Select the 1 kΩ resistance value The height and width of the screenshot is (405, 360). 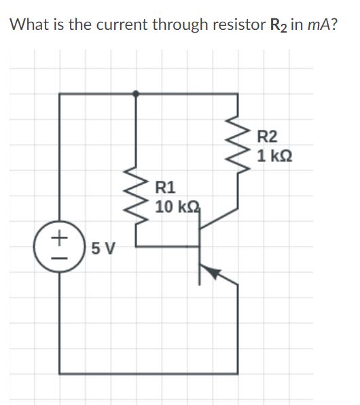click(275, 156)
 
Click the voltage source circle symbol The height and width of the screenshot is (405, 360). click(61, 247)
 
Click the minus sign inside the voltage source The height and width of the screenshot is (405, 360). click(61, 257)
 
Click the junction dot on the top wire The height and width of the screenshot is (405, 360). click(137, 94)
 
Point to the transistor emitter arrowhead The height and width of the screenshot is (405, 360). click(214, 273)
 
